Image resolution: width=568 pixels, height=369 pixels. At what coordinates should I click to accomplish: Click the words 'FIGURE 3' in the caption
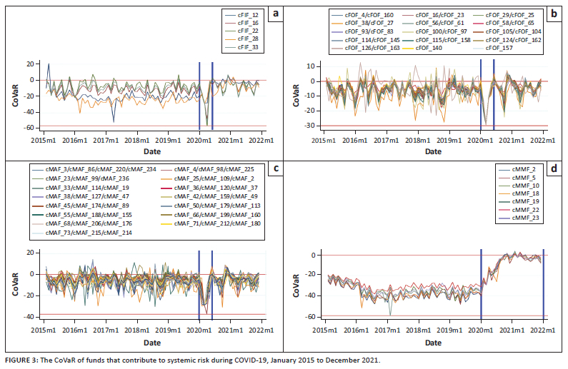tap(23, 360)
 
